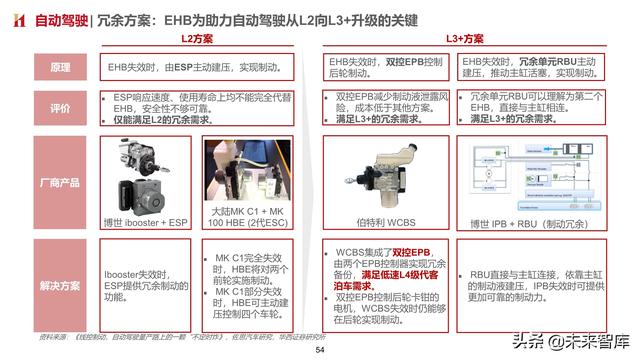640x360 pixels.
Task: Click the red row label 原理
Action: coord(60,68)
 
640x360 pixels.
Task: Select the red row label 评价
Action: coord(60,108)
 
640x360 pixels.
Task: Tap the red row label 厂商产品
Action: coord(60,183)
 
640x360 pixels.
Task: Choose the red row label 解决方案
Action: coord(60,285)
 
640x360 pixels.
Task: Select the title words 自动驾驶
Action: coord(60,17)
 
